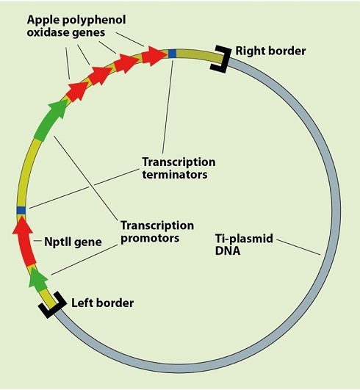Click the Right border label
click(270, 51)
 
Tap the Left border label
click(103, 303)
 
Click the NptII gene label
click(73, 242)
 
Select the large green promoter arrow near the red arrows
click(50, 120)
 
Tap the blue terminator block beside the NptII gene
click(21, 210)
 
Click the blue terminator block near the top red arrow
click(172, 54)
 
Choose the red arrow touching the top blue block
click(154, 56)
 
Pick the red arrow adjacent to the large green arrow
click(77, 92)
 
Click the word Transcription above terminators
click(179, 162)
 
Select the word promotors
click(150, 238)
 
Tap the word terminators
click(175, 174)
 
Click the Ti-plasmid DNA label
click(244, 245)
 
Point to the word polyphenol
click(94, 20)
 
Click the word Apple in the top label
click(43, 20)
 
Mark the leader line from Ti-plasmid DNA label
click(298, 248)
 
